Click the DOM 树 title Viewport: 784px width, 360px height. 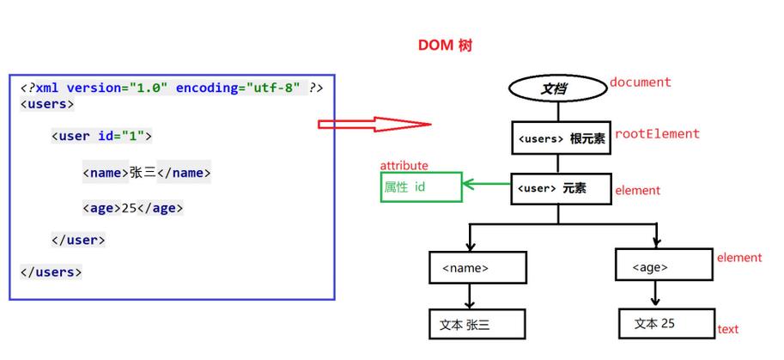coord(444,46)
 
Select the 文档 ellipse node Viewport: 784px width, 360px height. coord(557,88)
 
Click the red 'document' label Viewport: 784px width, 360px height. coord(640,82)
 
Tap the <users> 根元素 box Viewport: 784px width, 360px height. coord(561,138)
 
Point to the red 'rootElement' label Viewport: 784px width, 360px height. coord(657,134)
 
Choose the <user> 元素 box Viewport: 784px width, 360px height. coord(561,188)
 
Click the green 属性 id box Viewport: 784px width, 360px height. coord(421,186)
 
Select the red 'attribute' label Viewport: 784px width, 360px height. coord(404,165)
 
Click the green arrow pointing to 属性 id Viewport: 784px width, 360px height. coord(487,182)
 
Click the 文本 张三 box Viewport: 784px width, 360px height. coord(477,324)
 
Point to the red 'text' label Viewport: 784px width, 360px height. coord(727,329)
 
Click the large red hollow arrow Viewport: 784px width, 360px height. coord(374,125)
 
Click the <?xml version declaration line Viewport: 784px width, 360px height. coord(172,88)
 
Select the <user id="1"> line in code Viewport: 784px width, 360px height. coord(101,136)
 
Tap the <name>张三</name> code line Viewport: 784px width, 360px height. coord(147,173)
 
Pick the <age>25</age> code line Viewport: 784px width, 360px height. coord(133,208)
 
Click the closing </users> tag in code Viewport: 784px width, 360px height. coord(51,272)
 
